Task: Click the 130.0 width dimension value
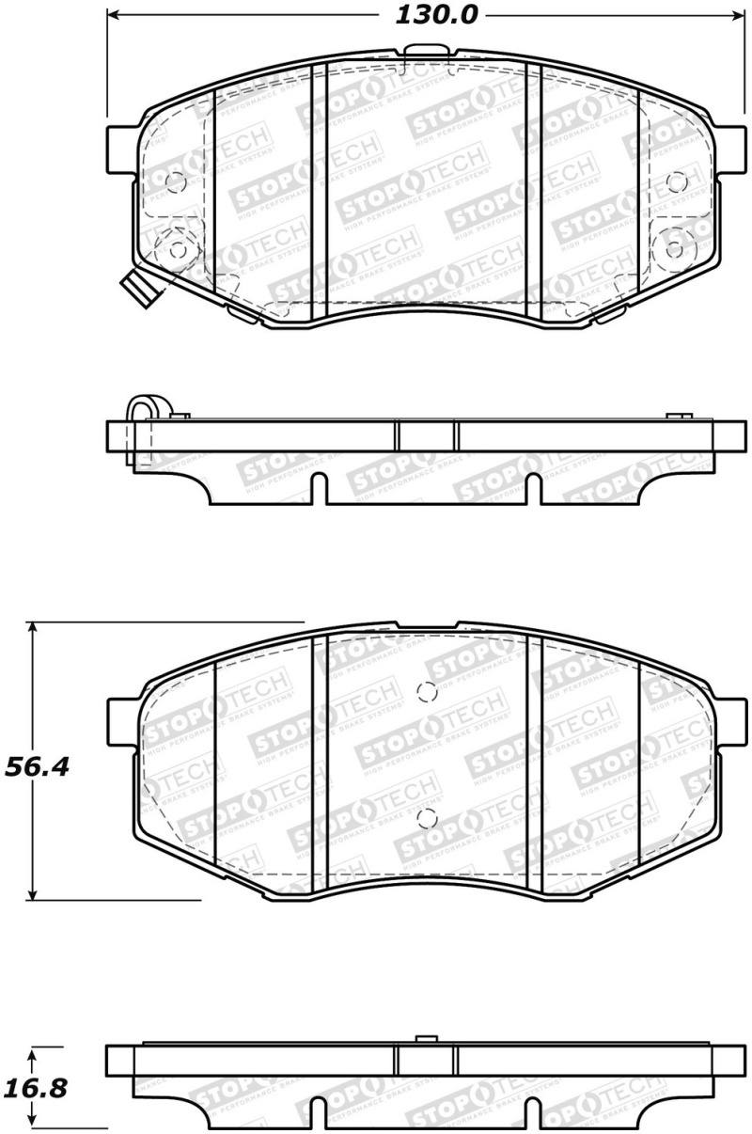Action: point(426,15)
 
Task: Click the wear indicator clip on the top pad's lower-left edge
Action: point(134,287)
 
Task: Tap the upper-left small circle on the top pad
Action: point(175,182)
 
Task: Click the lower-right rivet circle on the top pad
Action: point(674,249)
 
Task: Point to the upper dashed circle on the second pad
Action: point(425,693)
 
